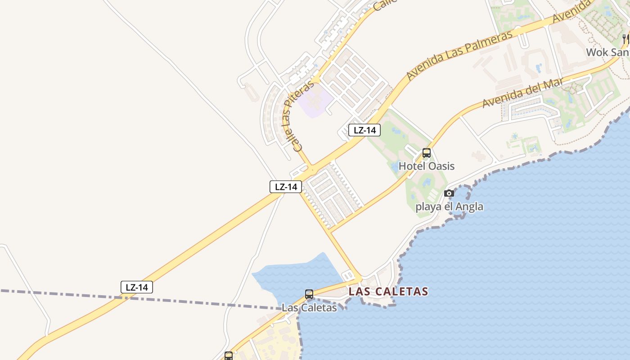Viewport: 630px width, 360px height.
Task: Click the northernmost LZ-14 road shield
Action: point(364,130)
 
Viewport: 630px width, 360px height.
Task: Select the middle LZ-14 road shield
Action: point(286,187)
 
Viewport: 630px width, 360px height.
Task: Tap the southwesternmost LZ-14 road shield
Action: point(137,287)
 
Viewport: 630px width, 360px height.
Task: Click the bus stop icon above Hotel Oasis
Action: point(427,153)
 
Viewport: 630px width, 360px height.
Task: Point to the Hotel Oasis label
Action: point(427,166)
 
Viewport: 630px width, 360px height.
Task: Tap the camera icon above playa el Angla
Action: point(449,193)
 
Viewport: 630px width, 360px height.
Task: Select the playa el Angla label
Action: point(449,207)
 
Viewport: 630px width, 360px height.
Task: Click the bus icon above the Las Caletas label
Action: point(309,294)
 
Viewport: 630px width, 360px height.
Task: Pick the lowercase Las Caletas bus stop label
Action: point(309,308)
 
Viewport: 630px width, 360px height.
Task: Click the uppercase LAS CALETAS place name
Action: point(388,292)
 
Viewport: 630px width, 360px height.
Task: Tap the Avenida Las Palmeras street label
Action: point(459,55)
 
